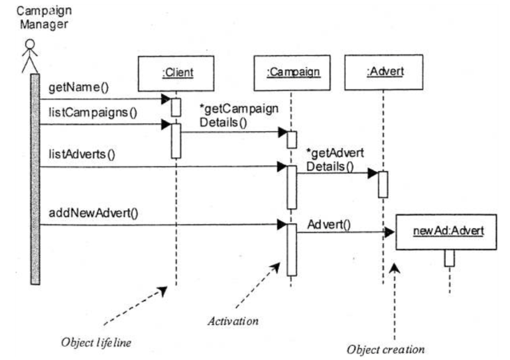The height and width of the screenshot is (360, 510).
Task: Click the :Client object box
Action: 176,70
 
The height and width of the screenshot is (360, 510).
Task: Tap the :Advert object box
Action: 383,70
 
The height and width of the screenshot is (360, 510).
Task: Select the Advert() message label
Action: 329,224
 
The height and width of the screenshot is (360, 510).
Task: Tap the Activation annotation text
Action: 233,321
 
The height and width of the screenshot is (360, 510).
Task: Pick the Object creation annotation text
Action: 386,349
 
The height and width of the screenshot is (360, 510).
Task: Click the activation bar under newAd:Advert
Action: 449,258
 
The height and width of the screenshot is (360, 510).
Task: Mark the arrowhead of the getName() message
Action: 166,99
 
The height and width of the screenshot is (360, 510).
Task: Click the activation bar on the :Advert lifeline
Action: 383,184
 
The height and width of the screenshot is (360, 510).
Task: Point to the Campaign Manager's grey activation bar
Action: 34,179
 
